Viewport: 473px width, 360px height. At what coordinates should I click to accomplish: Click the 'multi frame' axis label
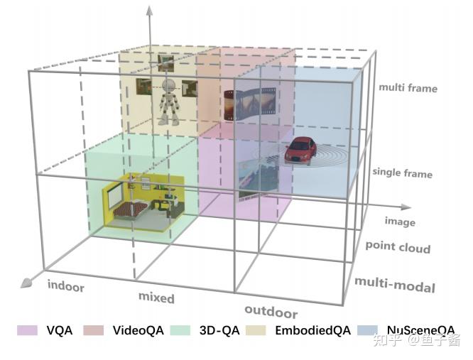pos(408,88)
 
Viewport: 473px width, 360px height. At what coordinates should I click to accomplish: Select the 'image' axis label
pos(400,222)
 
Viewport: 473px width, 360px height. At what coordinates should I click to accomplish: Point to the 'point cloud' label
pos(398,247)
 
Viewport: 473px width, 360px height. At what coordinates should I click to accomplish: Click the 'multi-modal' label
pos(394,286)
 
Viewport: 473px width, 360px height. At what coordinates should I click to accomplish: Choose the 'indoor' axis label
pos(66,287)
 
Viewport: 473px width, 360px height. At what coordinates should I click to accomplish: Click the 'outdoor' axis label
pos(271,312)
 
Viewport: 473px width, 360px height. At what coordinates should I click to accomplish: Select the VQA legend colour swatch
pos(27,331)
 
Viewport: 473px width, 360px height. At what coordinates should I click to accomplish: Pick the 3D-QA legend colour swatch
pos(183,331)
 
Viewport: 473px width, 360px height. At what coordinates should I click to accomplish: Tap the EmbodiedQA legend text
pos(310,331)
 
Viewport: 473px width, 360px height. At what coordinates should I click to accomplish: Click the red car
pos(300,150)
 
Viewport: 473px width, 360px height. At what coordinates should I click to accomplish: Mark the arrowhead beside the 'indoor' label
pos(26,283)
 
